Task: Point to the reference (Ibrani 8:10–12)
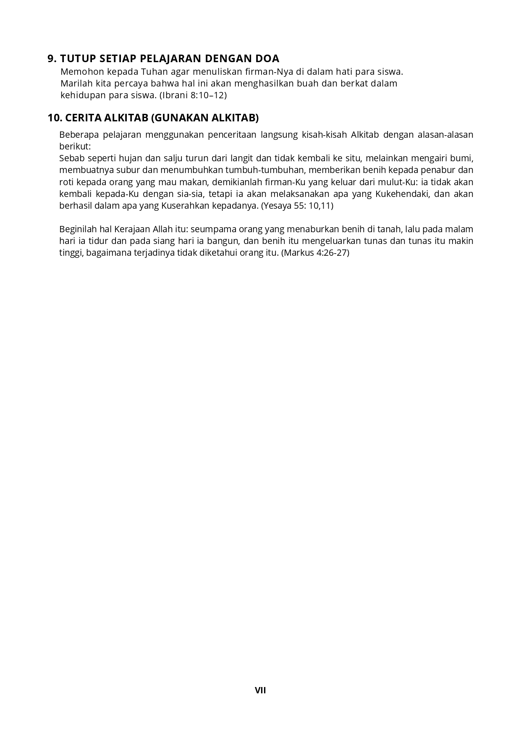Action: click(193, 95)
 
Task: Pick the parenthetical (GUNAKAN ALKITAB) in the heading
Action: click(204, 118)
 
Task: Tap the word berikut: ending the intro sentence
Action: click(75, 147)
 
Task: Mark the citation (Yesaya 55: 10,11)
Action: click(297, 206)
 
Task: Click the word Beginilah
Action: click(78, 229)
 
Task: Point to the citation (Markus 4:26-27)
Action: click(315, 253)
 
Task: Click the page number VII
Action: click(260, 690)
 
